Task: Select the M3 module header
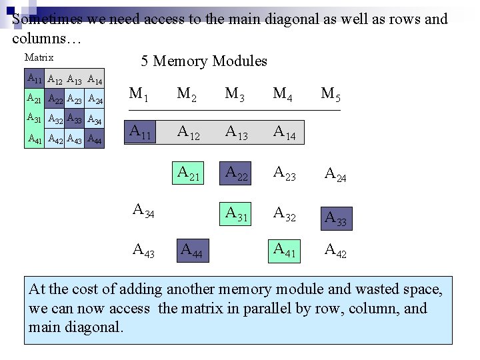235,94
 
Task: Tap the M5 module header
331,94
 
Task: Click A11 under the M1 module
141,132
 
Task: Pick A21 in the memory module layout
189,173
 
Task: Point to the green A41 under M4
285,251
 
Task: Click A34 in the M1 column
143,211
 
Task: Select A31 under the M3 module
237,214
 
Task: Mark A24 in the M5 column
335,175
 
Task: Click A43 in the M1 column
143,251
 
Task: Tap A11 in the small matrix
34,79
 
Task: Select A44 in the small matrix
95,141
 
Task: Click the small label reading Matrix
38,58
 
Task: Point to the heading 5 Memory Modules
204,61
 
